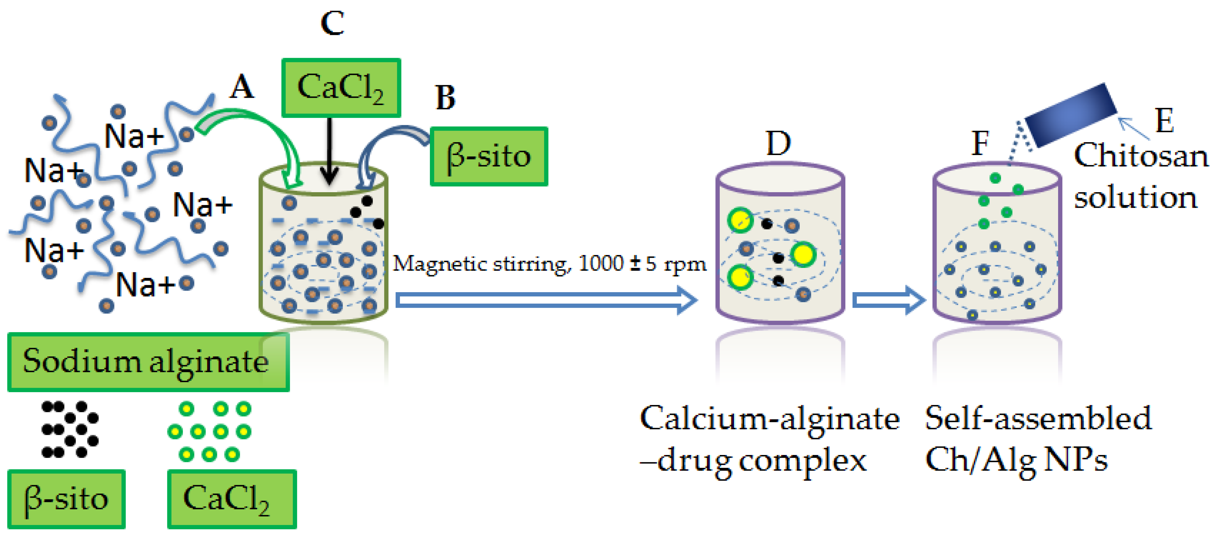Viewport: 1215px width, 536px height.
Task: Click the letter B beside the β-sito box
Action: coord(445,98)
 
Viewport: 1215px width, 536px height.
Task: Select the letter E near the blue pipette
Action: coord(1164,120)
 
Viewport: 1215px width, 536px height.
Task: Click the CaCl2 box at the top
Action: coord(341,88)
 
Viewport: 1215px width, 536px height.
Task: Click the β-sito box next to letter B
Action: coord(489,156)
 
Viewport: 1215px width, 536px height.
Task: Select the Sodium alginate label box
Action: coord(148,362)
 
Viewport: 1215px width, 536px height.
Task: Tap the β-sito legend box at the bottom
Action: coord(66,499)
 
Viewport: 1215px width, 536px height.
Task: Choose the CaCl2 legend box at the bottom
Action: coord(232,499)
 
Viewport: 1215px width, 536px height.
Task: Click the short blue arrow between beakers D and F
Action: coord(888,300)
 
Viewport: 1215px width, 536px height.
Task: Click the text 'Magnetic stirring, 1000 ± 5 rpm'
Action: coord(549,264)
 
